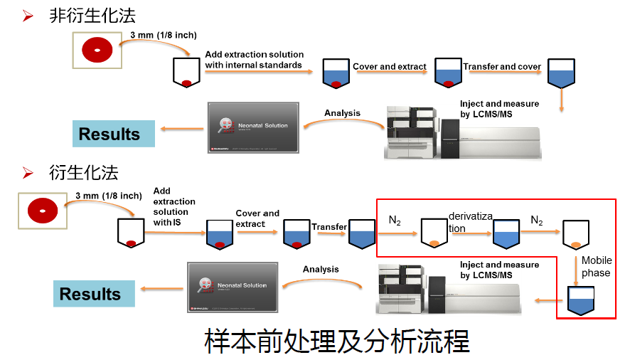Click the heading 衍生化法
click(83, 172)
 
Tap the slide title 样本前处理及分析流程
click(336, 342)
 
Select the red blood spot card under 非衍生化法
click(97, 50)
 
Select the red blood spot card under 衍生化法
click(42, 211)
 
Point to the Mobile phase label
click(596, 267)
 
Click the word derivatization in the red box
click(470, 221)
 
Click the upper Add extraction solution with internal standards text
click(254, 60)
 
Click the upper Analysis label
click(342, 113)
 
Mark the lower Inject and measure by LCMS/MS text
click(499, 270)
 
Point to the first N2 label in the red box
click(395, 221)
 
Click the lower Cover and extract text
click(257, 218)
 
